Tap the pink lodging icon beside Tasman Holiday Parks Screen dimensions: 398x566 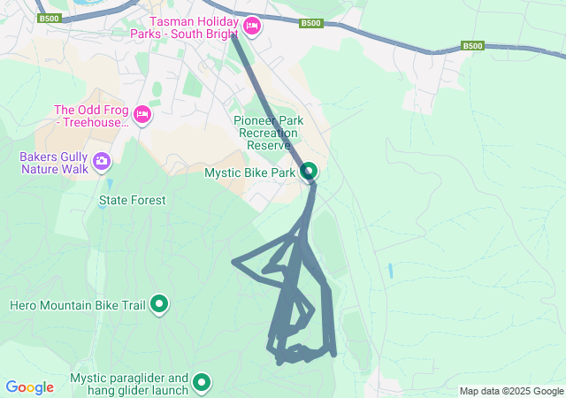point(251,27)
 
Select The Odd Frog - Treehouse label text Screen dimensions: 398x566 point(91,116)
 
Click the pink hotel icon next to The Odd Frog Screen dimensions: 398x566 point(141,114)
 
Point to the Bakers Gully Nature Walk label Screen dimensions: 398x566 point(50,162)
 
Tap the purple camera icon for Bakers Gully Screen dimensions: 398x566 point(102,160)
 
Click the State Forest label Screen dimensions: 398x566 point(132,200)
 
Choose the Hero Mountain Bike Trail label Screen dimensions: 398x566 point(77,305)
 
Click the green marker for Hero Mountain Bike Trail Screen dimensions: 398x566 point(159,304)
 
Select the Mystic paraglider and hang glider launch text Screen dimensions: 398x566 point(129,383)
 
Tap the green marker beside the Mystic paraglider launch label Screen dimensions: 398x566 point(203,382)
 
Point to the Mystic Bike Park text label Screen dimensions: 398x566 point(250,172)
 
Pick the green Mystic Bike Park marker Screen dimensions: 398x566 point(308,170)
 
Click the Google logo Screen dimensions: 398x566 point(29,387)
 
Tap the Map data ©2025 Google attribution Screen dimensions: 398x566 point(511,391)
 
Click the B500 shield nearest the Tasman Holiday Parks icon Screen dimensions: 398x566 point(310,24)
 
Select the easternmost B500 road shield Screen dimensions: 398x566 point(473,46)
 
